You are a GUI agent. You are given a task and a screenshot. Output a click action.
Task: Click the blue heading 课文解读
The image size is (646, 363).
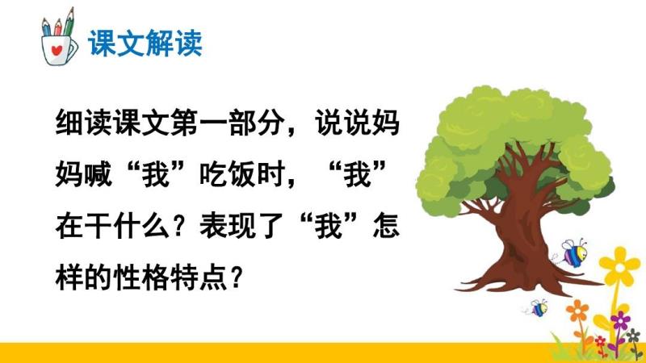coord(145,43)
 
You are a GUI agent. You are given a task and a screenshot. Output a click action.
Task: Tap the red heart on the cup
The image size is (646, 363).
coord(57,50)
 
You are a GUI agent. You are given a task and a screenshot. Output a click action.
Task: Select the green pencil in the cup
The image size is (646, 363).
coord(69,22)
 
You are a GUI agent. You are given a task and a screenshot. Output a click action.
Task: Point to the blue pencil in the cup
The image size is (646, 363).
coord(46,27)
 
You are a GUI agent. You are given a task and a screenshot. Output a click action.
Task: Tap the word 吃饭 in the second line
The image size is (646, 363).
coord(228,173)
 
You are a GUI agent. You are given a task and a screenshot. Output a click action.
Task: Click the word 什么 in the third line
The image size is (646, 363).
coord(141,226)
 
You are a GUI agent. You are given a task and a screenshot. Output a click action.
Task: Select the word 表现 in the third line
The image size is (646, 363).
coord(228,226)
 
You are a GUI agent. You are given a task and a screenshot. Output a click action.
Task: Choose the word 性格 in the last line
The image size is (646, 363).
coord(141,277)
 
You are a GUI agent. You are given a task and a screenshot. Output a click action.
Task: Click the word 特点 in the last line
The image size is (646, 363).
coord(199,277)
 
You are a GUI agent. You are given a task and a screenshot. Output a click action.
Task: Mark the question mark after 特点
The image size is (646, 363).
coord(237,277)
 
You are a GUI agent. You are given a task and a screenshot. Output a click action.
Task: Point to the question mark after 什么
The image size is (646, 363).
coord(178,227)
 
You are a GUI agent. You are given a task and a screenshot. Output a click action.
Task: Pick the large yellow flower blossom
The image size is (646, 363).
coord(619,266)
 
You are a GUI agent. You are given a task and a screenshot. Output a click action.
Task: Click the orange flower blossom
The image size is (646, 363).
coord(577,311)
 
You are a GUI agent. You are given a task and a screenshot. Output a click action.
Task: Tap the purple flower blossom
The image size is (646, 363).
coord(620,319)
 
